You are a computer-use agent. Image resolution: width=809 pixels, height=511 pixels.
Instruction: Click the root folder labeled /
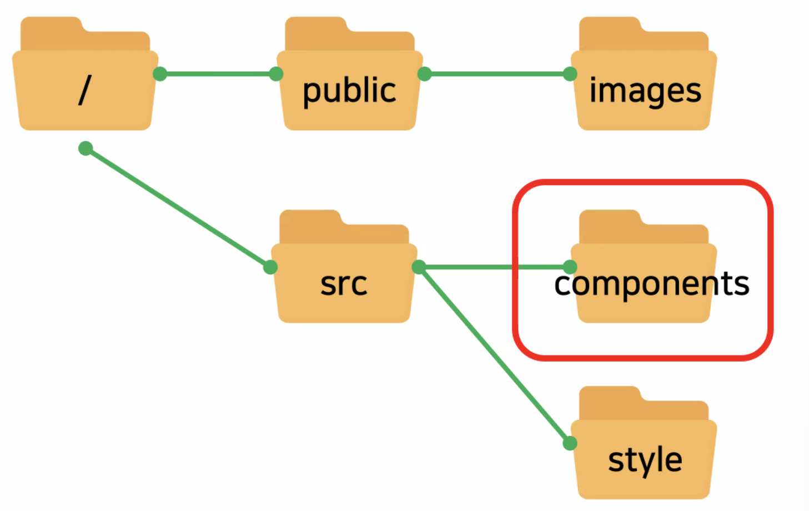[x=85, y=89]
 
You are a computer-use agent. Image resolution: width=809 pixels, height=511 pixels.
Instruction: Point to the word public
[x=349, y=91]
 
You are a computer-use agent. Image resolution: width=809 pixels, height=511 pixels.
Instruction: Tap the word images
[x=645, y=91]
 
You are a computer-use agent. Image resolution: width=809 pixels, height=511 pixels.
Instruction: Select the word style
[x=645, y=460]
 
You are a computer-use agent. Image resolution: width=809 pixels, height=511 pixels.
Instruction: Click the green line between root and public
[x=218, y=73]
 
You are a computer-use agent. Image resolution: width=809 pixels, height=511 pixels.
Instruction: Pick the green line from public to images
[x=497, y=73]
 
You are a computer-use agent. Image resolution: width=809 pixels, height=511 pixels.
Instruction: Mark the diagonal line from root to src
[x=178, y=208]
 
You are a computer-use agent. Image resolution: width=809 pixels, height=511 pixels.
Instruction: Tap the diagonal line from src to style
[x=494, y=355]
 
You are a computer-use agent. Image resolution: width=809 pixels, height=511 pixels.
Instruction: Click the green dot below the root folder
[x=86, y=148]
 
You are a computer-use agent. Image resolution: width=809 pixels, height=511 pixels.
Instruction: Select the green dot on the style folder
[x=570, y=443]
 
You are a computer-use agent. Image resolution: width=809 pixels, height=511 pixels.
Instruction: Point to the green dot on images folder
[x=570, y=74]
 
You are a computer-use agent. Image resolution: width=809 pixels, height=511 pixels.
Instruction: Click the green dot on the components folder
[x=570, y=267]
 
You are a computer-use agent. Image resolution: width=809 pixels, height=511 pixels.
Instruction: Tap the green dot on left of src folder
[x=270, y=267]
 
